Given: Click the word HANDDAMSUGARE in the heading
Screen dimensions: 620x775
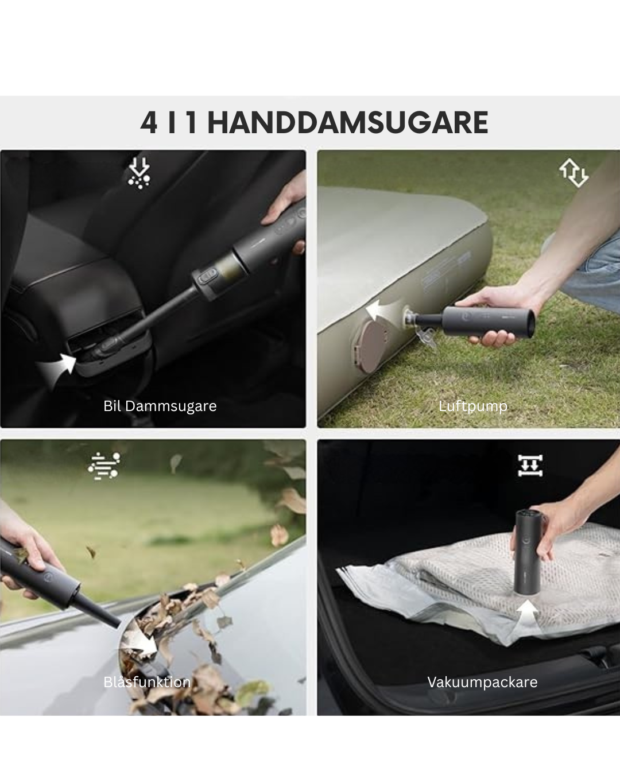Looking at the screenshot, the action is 348,122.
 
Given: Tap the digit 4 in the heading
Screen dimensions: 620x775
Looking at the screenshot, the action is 149,122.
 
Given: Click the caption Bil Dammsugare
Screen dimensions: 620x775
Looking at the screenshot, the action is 160,406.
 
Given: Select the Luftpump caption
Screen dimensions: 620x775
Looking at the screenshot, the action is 473,406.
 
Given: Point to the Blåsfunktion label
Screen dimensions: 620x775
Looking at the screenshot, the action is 147,682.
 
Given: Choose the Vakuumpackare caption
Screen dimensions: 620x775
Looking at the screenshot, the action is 482,683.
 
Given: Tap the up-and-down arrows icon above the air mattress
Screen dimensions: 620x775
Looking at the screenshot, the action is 574,173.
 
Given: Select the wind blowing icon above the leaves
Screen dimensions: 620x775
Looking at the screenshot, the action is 104,466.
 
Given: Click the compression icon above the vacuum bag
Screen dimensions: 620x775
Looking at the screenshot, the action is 530,466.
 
